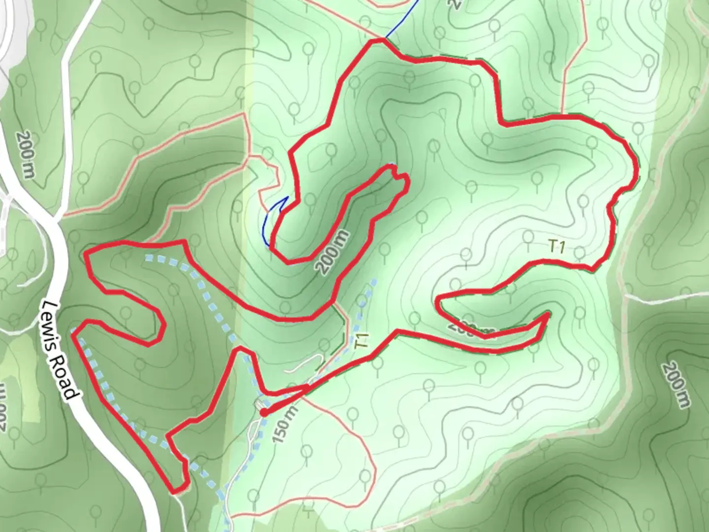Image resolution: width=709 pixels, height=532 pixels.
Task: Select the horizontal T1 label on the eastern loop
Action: point(556,246)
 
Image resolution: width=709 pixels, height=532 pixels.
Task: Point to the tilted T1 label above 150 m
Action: point(362,341)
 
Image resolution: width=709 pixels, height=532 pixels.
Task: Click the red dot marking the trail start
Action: point(264,412)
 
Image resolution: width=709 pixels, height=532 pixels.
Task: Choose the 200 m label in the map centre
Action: point(334,253)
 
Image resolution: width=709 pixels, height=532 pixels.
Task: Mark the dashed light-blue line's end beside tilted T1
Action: point(375,281)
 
